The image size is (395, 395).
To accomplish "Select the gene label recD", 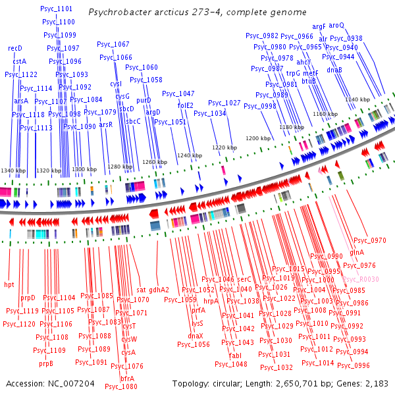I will tap(15, 49).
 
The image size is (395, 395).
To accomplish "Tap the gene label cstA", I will tap(20, 61).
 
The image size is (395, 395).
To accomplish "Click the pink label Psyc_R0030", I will tap(361, 280).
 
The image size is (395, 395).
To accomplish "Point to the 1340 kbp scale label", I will tap(13, 171).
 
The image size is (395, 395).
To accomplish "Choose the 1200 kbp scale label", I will tap(258, 139).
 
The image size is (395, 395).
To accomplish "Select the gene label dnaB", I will tap(334, 70).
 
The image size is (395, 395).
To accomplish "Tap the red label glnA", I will tap(357, 253).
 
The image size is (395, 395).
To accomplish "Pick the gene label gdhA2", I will tap(159, 290).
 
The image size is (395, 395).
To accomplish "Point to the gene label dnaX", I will tap(196, 336).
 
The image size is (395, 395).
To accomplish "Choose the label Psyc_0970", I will tap(369, 241).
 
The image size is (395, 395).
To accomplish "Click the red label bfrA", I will tap(128, 379).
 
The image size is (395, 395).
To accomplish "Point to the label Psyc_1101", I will tap(57, 9).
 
